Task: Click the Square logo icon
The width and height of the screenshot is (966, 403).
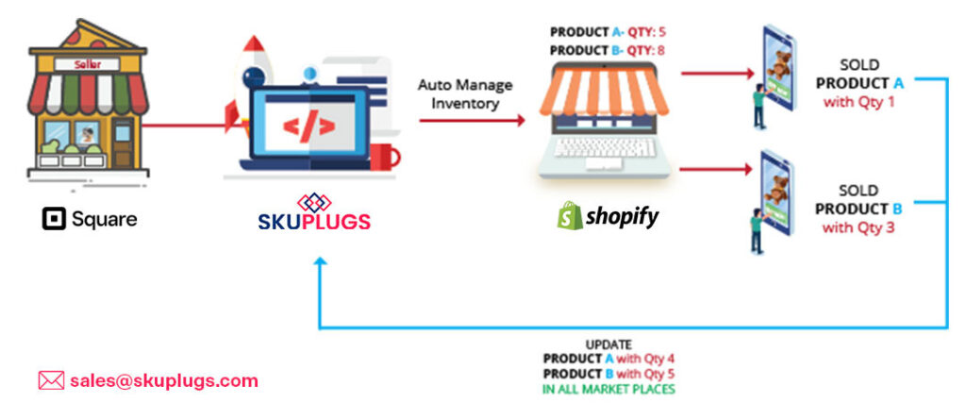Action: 54,219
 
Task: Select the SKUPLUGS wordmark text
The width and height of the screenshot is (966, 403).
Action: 314,223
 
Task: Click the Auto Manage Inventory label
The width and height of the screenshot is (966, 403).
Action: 465,94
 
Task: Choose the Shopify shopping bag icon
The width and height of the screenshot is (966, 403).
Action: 569,216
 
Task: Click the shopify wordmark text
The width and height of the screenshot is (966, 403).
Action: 623,217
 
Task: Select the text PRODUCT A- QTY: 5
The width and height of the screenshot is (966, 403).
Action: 608,32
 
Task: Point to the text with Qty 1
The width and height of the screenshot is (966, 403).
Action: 858,102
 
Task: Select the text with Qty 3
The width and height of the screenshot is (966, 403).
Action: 858,227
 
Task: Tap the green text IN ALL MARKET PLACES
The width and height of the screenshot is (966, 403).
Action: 608,388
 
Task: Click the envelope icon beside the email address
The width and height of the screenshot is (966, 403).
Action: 50,380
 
